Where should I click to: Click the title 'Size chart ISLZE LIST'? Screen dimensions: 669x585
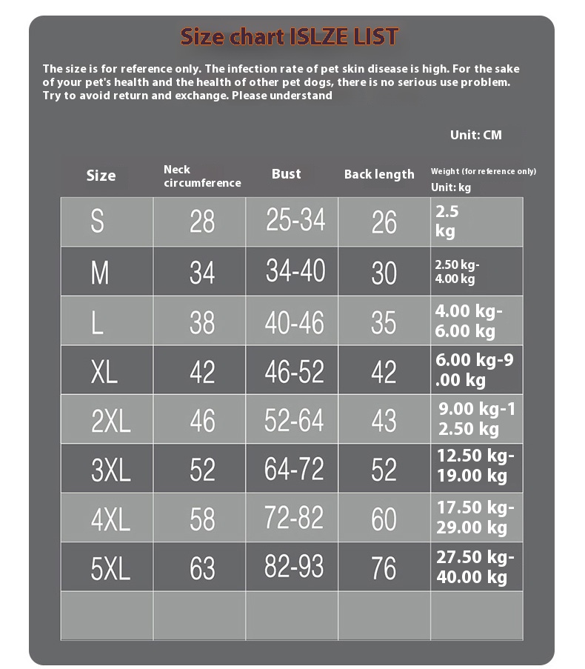point(290,36)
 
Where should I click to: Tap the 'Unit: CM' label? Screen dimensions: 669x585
point(475,135)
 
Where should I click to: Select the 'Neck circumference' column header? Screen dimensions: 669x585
point(202,176)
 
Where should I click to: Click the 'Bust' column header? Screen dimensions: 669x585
point(287,174)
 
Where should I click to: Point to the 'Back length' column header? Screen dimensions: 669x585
point(379,175)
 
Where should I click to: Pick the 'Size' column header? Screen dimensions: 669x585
point(101,176)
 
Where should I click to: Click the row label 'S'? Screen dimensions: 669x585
point(97,222)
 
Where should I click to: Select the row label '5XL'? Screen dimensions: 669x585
point(110,568)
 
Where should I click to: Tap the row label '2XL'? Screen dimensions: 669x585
point(110,421)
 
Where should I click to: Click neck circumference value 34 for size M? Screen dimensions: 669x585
point(202,273)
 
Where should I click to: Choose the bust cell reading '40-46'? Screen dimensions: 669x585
point(295,322)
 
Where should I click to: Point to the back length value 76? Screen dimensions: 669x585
point(384,568)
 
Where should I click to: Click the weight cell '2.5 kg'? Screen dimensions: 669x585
point(447,222)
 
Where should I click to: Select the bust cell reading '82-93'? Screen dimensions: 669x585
point(295,567)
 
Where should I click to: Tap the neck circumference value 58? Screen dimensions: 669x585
point(202,519)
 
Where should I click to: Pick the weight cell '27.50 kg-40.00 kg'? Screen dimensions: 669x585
point(475,568)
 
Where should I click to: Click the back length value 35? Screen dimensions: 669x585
point(384,323)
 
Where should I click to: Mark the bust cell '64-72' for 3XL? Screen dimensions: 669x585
point(295,469)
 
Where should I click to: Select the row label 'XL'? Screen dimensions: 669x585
point(104,372)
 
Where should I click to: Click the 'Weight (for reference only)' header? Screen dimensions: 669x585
point(483,171)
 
